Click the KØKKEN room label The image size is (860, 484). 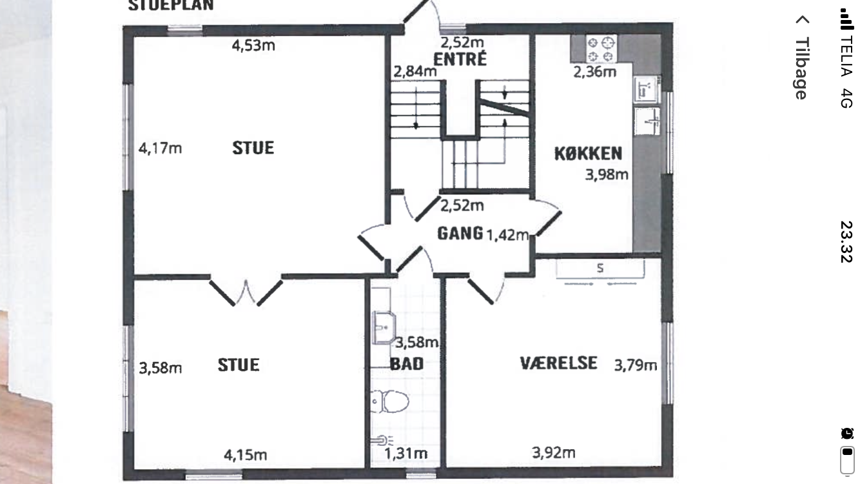tap(588, 154)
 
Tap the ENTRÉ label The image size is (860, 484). tap(460, 59)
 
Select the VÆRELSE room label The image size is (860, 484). tap(559, 363)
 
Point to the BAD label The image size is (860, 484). tap(407, 364)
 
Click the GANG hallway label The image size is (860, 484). tap(460, 234)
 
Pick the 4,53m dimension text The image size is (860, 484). tap(253, 46)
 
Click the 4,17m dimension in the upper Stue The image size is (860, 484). tap(160, 148)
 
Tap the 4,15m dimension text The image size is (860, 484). tap(246, 455)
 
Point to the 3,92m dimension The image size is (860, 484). tap(554, 453)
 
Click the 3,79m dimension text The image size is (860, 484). tap(636, 365)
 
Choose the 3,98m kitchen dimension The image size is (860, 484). tap(607, 175)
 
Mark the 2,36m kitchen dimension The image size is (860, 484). tap(594, 72)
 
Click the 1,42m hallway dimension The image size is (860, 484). tap(507, 235)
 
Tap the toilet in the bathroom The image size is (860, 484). tap(389, 401)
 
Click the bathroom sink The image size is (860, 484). tap(384, 327)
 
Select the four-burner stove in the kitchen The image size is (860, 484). tap(600, 49)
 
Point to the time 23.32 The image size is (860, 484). tap(846, 242)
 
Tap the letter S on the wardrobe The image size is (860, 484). tap(600, 268)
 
